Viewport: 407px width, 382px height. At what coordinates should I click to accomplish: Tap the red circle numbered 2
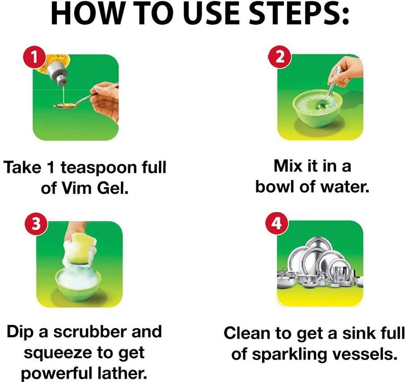pos(280,57)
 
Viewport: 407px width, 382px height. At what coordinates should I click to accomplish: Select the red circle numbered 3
pos(36,224)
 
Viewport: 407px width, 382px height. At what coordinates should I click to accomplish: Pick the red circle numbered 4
pos(277,223)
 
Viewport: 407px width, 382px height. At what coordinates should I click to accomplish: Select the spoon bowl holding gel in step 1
pos(63,106)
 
